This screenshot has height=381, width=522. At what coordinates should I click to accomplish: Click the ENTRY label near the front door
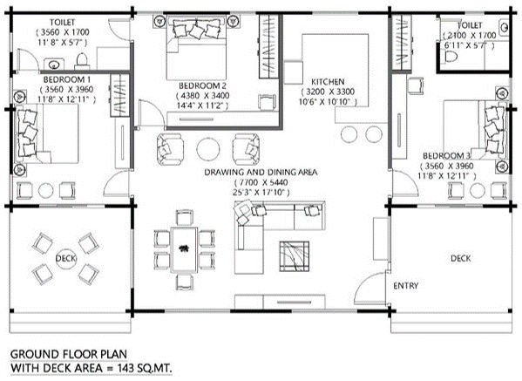pos(405,286)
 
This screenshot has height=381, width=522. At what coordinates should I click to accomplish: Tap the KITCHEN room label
pos(328,82)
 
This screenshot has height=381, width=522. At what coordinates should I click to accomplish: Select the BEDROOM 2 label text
pos(203,85)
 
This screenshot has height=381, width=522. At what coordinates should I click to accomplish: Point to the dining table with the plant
pos(184,249)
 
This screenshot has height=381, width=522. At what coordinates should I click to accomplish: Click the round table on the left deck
pos(66,258)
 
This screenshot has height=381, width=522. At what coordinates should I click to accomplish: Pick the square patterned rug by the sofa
pos(294,256)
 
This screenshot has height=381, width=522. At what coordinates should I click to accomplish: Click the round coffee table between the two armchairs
pos(207,149)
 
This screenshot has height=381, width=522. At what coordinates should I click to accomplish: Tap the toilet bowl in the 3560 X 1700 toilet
pos(82,61)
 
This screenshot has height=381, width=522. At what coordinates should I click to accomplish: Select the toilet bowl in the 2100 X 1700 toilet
pos(450,57)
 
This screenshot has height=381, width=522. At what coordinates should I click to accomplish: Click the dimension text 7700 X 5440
pos(261,182)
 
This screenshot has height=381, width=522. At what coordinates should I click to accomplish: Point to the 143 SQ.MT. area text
pos(145,368)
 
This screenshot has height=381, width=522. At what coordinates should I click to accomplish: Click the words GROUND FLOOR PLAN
pos(69,354)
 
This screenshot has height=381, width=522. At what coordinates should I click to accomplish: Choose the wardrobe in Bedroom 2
pos(269,46)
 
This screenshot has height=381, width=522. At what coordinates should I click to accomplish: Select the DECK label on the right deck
pos(461,258)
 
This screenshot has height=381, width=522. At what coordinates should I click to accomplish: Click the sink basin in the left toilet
pos(54,65)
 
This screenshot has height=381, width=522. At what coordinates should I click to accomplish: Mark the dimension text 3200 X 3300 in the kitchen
pos(328,92)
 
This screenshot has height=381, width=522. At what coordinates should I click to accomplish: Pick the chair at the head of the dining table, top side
pos(185,218)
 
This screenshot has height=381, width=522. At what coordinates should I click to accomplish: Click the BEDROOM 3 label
pos(446,155)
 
